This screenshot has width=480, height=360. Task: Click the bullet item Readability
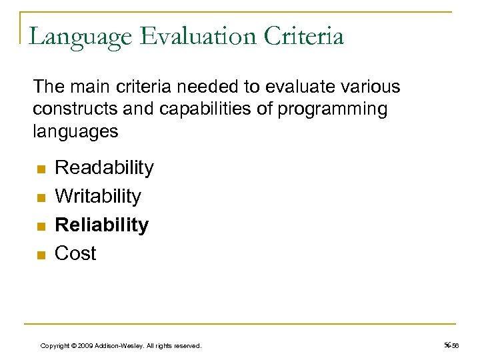(104, 167)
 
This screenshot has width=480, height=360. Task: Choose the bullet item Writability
(98, 196)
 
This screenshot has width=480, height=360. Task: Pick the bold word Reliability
(101, 225)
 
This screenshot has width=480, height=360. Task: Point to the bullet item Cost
(75, 253)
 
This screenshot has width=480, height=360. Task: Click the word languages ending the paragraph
(75, 131)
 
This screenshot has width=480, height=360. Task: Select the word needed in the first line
(176, 87)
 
